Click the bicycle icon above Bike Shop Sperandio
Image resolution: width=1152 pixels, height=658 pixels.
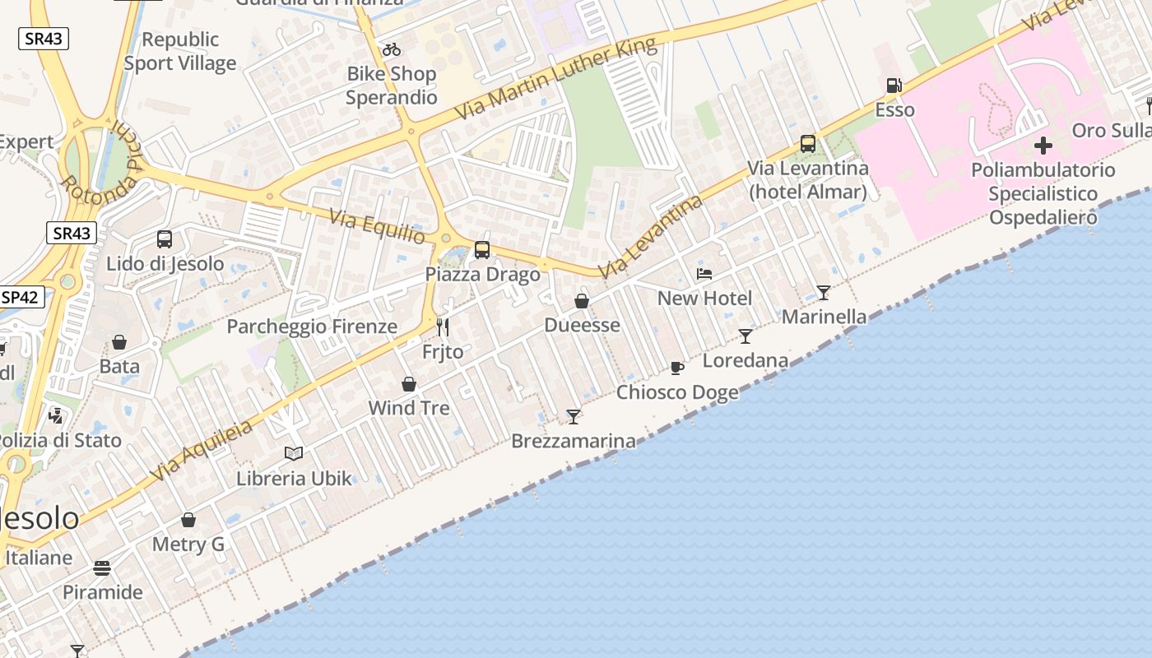(x=392, y=49)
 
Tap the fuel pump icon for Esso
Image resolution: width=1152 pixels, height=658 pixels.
(x=894, y=86)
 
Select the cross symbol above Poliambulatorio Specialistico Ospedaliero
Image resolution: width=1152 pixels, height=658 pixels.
(x=1043, y=146)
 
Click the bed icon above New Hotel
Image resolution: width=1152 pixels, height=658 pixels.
(x=704, y=274)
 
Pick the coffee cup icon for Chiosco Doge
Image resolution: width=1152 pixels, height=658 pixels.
(x=677, y=368)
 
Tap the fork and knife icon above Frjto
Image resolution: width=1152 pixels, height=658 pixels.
(x=443, y=327)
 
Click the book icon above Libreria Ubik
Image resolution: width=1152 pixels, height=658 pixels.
(x=294, y=453)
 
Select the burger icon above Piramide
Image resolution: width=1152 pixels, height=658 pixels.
(x=102, y=568)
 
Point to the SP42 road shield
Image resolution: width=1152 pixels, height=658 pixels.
(x=20, y=297)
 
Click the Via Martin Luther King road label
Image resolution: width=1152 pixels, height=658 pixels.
(x=555, y=80)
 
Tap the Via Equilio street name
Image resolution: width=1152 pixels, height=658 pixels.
(x=378, y=227)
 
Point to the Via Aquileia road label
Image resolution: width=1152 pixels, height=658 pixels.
(x=202, y=452)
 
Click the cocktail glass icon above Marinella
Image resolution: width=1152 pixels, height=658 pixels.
(x=823, y=292)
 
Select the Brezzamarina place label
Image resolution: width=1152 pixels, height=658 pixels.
(x=574, y=442)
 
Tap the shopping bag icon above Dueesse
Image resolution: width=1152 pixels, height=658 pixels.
(x=582, y=301)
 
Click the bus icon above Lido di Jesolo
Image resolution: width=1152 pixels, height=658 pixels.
(x=165, y=239)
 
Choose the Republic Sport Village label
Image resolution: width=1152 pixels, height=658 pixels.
(x=180, y=51)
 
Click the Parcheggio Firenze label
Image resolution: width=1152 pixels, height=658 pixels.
(x=312, y=327)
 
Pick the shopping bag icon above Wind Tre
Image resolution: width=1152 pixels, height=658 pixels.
(x=409, y=384)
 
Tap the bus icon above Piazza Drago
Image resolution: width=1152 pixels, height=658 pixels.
(x=482, y=249)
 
